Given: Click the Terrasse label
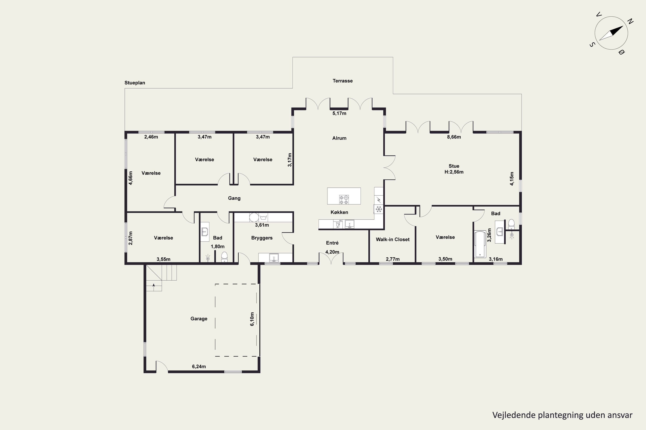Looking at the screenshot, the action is (x=343, y=81).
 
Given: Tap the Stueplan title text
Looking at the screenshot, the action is (x=135, y=83).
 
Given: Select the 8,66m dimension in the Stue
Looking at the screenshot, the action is (x=454, y=137).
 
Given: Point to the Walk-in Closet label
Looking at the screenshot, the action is (x=393, y=240).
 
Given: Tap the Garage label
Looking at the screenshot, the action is (x=199, y=319).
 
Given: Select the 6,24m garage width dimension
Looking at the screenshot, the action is (x=199, y=366).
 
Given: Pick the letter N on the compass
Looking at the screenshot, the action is (x=631, y=21).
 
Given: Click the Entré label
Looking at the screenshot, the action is (x=332, y=243).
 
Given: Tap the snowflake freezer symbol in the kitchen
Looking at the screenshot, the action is (x=379, y=209).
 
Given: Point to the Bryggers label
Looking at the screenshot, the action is (x=262, y=238).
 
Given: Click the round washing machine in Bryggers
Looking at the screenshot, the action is (x=254, y=217).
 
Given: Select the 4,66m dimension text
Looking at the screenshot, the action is (x=131, y=178).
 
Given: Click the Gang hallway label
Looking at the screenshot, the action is (x=234, y=198).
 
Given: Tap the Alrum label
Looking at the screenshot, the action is (x=339, y=138).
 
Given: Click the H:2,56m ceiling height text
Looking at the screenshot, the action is (x=454, y=172).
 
